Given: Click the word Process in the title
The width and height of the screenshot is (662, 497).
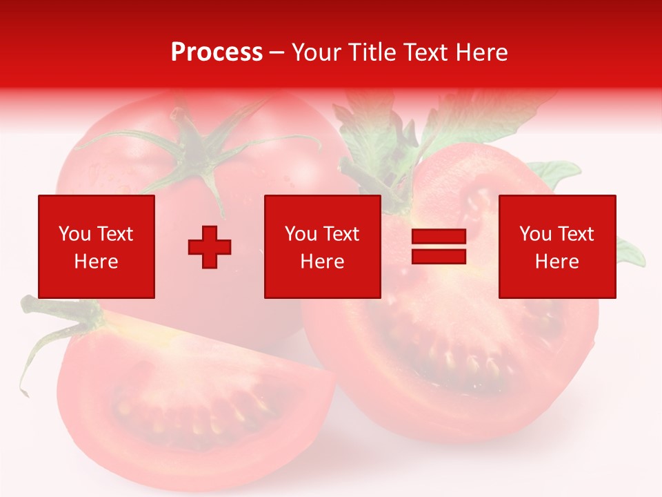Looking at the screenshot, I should (217, 52).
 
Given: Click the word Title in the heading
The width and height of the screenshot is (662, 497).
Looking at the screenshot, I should (373, 52).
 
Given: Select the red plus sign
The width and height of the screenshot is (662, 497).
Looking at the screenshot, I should (210, 247).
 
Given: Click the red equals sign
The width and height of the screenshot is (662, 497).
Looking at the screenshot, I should (439, 246).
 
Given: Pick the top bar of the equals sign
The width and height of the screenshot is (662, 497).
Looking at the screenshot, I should (439, 237).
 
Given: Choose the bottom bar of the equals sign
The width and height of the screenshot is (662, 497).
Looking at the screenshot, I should (439, 256).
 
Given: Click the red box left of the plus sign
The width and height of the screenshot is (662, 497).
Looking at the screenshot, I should (97, 246).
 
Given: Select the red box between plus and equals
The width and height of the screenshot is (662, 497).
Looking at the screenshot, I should (323, 246).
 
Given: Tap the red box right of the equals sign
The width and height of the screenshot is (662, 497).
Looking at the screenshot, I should (557, 246).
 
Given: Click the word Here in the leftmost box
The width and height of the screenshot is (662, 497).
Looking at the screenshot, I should (96, 262).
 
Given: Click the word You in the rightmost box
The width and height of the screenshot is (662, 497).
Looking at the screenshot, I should (536, 234).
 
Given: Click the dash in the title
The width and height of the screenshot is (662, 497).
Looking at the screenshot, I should (277, 52).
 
